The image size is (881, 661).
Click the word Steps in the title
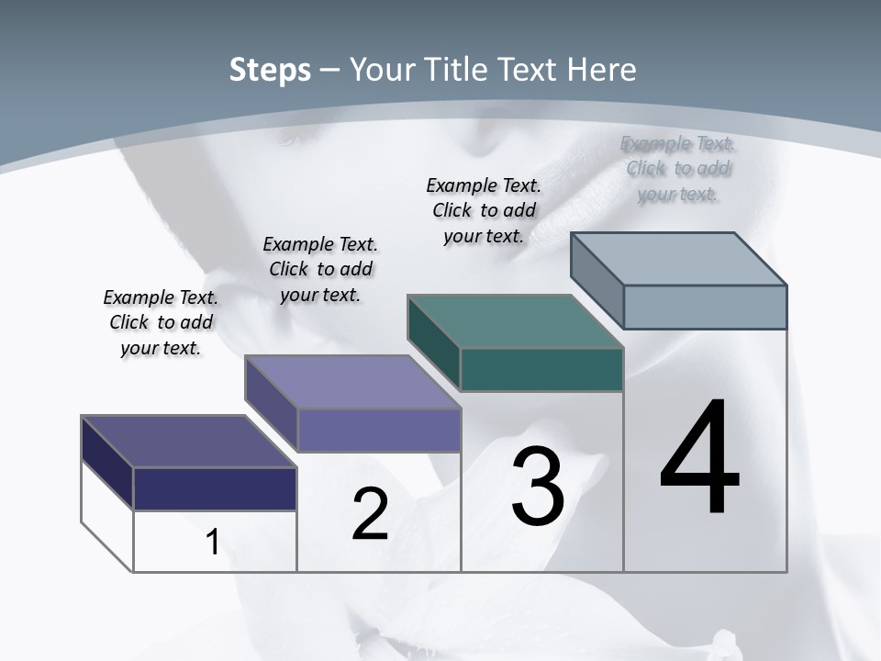pos(270,70)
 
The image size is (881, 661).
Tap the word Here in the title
pos(603,70)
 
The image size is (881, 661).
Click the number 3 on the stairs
pos(538,487)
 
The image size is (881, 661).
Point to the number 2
pos(370,514)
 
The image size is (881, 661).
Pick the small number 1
pos(213,542)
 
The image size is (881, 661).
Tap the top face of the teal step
pos(516,321)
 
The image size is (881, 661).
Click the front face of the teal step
pos(541,369)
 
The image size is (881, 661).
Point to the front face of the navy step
pos(215,488)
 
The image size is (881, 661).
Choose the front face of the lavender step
pos(379,430)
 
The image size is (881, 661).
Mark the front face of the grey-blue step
pos(705,307)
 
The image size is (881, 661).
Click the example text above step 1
pos(161,322)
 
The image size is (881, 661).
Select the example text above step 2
pos(320,269)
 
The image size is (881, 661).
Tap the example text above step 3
pos(484,210)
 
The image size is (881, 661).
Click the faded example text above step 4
pos(677,169)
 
